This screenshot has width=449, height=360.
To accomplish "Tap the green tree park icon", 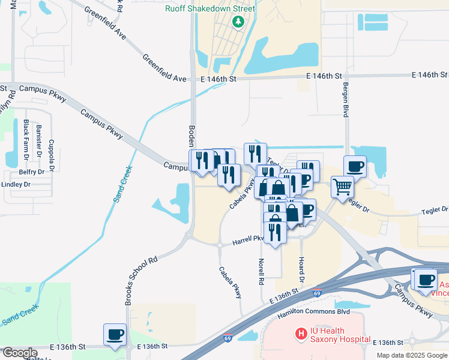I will pyautogui.click(x=238, y=22).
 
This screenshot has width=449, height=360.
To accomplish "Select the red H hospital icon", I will pyautogui.click(x=298, y=332).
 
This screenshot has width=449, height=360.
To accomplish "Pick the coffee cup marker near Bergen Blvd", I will pyautogui.click(x=355, y=166).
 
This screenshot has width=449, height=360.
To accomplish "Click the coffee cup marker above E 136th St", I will pyautogui.click(x=115, y=335).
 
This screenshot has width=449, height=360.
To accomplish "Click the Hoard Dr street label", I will pyautogui.click(x=301, y=269).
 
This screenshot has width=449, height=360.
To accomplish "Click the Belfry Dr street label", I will pyautogui.click(x=32, y=172).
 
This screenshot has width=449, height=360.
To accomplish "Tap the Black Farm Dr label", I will pyautogui.click(x=26, y=140).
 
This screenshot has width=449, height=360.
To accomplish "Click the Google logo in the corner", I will pyautogui.click(x=20, y=353).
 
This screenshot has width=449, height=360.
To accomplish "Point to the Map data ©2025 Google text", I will pyautogui.click(x=411, y=355).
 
